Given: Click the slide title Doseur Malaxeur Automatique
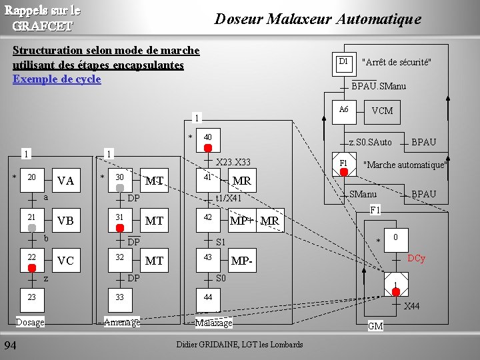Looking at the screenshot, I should (x=317, y=19).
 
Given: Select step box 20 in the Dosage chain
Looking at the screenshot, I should (x=31, y=178).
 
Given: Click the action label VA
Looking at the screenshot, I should (x=65, y=181).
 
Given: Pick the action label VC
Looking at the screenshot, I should (x=65, y=261).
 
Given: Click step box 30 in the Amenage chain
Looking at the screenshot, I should (x=120, y=178).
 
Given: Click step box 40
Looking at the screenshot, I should (x=208, y=137).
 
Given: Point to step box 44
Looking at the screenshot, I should (x=208, y=297).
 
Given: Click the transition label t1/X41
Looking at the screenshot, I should (x=228, y=198).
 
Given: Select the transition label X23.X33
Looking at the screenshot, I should (x=233, y=162).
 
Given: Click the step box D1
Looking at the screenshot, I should (x=343, y=62).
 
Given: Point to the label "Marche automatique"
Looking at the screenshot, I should (x=404, y=165).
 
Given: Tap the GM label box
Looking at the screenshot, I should (x=375, y=326).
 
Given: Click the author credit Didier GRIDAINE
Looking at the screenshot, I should (x=240, y=344).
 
